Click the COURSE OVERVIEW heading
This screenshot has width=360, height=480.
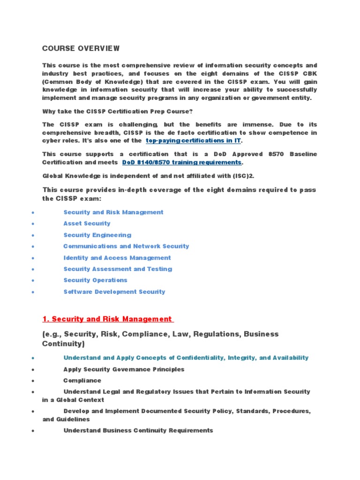[x=81, y=48]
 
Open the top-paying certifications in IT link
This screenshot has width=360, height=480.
[x=194, y=141]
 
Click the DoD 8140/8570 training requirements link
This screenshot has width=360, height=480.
[x=182, y=162]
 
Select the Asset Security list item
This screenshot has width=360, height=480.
[x=87, y=224]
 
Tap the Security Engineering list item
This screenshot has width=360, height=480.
[x=97, y=235]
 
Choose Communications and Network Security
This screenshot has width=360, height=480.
[x=126, y=246]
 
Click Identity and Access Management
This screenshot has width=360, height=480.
[x=117, y=258]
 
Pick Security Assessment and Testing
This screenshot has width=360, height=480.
[x=118, y=269]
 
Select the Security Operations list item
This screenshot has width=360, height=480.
[x=95, y=280]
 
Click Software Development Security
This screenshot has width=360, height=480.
[x=114, y=292]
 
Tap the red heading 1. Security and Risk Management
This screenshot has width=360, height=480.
[x=107, y=319]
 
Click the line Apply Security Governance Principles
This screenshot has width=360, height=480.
[x=124, y=369]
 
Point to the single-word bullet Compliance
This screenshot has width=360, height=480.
[x=82, y=381]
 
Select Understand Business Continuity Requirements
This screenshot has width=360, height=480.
[x=138, y=430]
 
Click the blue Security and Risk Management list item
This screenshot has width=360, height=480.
[x=113, y=212]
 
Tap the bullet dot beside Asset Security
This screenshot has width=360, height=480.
[x=32, y=224]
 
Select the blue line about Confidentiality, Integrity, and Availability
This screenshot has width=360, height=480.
[x=186, y=358]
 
